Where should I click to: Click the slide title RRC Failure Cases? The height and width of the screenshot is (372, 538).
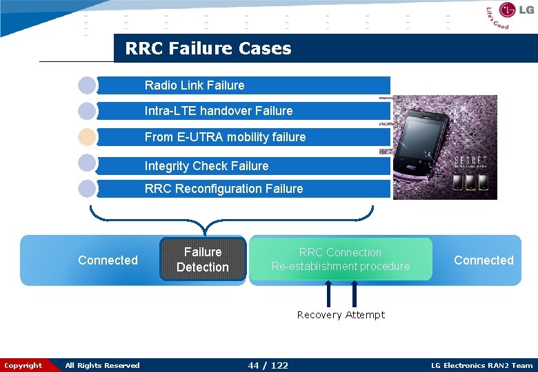coord(208,49)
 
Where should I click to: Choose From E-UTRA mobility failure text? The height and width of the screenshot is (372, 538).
coord(225,137)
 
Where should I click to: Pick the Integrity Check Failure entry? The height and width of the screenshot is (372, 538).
coord(206,166)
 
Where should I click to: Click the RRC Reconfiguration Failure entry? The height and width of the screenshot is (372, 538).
coord(223,189)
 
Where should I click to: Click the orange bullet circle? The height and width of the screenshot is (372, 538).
coord(87,136)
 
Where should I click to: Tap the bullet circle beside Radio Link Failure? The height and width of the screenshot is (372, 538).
coord(87,85)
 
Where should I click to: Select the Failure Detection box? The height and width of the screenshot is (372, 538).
coord(203,260)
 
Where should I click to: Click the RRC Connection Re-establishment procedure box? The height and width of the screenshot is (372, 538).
coord(341,259)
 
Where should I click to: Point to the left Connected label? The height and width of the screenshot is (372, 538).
coord(108,260)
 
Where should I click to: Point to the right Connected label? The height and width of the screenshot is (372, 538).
coord(484,260)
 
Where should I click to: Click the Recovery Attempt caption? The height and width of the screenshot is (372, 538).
coord(341,315)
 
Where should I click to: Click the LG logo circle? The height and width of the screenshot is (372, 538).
coord(508,10)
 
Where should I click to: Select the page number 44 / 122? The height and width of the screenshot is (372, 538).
coord(268,365)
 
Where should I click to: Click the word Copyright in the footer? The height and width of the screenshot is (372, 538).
coord(23,366)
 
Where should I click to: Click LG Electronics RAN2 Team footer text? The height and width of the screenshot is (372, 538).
coord(481,366)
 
